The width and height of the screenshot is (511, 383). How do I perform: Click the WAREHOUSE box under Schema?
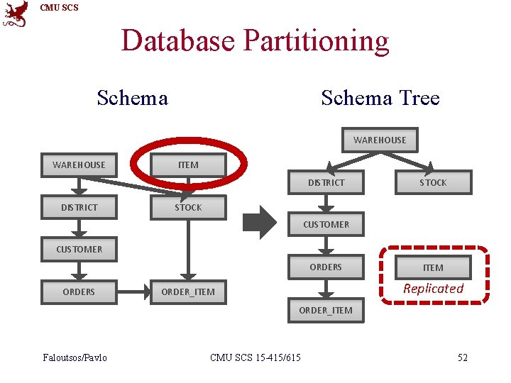[79, 165]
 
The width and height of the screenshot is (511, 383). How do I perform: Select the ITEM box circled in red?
[188, 165]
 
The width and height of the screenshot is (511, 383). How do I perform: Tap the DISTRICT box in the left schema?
[79, 207]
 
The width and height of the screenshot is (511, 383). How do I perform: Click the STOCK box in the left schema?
[188, 207]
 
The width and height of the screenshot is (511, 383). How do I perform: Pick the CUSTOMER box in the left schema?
[79, 249]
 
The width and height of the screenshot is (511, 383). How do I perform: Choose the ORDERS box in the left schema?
[79, 292]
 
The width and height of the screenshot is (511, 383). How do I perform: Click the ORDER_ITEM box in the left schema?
[188, 292]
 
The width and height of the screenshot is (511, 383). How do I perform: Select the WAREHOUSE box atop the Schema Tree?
[380, 140]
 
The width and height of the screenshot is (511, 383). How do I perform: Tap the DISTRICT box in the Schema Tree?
[326, 182]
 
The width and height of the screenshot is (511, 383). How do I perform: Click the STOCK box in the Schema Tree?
[433, 182]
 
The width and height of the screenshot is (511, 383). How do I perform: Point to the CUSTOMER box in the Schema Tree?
[326, 224]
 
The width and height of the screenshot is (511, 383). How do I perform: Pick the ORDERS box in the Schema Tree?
[326, 267]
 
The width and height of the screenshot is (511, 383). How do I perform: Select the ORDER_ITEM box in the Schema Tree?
[326, 310]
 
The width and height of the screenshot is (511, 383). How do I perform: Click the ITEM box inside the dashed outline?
[433, 267]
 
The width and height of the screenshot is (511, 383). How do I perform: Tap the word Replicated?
[433, 289]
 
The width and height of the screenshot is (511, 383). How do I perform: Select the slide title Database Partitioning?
[255, 40]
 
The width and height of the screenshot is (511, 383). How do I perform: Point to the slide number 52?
[462, 357]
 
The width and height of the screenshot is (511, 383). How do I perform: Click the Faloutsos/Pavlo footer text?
[75, 357]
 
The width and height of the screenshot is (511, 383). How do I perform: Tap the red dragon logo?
[16, 13]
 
